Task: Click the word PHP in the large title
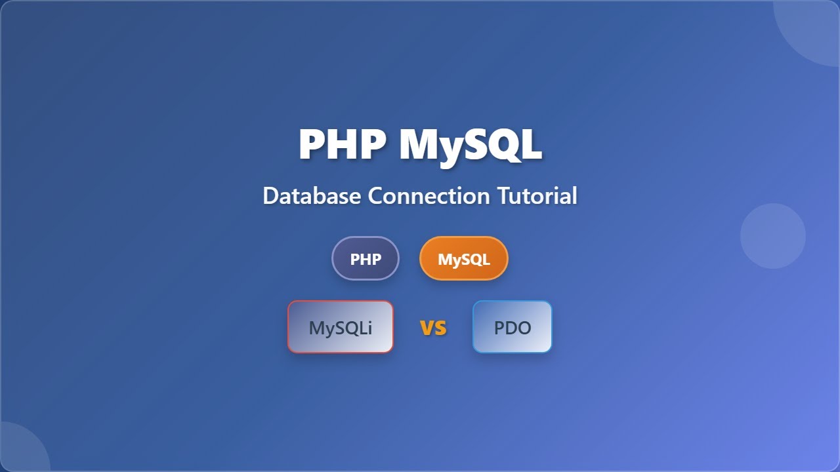coord(342,144)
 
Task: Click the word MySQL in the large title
coord(470,144)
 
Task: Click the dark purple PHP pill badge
coord(366,259)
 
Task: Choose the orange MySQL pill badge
coord(463,259)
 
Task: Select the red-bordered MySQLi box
coord(341,327)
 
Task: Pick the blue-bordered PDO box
coord(513,327)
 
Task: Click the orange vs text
coord(433,327)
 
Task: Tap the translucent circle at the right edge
coord(772,236)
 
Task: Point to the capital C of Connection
coord(375,195)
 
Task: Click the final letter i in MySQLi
coord(369,327)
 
